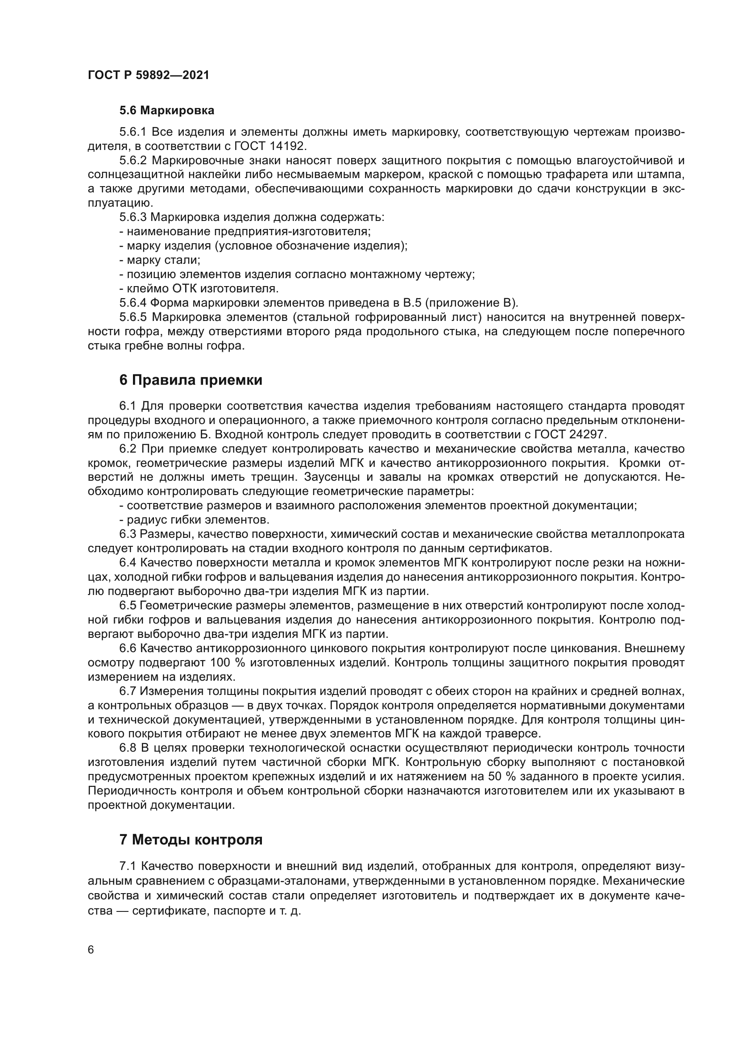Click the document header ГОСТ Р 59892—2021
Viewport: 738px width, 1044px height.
click(149, 75)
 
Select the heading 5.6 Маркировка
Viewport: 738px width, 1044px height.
click(167, 111)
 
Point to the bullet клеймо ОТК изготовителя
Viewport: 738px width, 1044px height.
click(199, 289)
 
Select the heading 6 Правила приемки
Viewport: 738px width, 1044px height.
click(191, 380)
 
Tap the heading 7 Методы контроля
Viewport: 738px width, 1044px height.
click(191, 840)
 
